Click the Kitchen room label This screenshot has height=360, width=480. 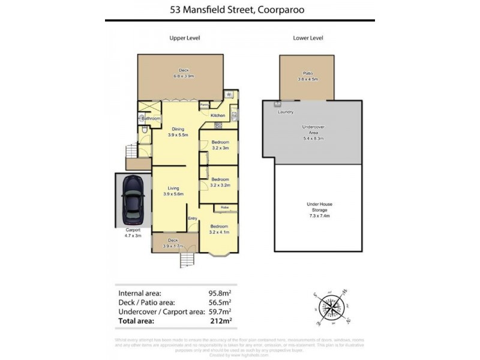point(218,115)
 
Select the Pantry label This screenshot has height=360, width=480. point(204,104)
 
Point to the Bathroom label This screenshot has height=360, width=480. point(151,118)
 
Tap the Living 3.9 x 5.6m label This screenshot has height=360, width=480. point(173,191)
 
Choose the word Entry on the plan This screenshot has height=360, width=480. point(193,218)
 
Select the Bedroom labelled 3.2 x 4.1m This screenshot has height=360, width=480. point(220,229)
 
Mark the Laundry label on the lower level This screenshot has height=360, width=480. point(285,112)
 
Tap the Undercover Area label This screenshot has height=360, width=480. point(312,133)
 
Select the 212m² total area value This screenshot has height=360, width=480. point(220,321)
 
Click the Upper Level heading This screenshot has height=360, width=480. point(184,38)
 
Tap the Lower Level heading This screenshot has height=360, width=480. point(308,38)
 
